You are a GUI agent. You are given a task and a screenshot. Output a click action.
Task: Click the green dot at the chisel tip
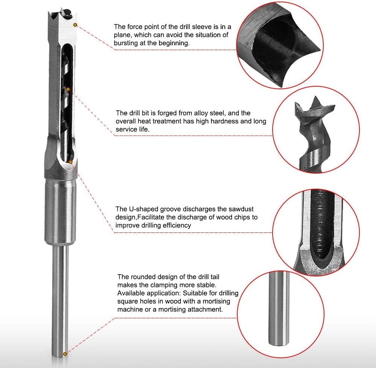(76, 25)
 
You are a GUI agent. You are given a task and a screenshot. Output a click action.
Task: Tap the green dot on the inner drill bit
(69, 89)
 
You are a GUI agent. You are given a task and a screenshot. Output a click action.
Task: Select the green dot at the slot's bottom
(71, 162)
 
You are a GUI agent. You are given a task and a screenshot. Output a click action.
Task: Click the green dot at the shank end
(65, 354)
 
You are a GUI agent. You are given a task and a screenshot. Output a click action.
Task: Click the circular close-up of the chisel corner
(279, 44)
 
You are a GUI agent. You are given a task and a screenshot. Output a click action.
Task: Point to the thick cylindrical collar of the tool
(61, 211)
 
